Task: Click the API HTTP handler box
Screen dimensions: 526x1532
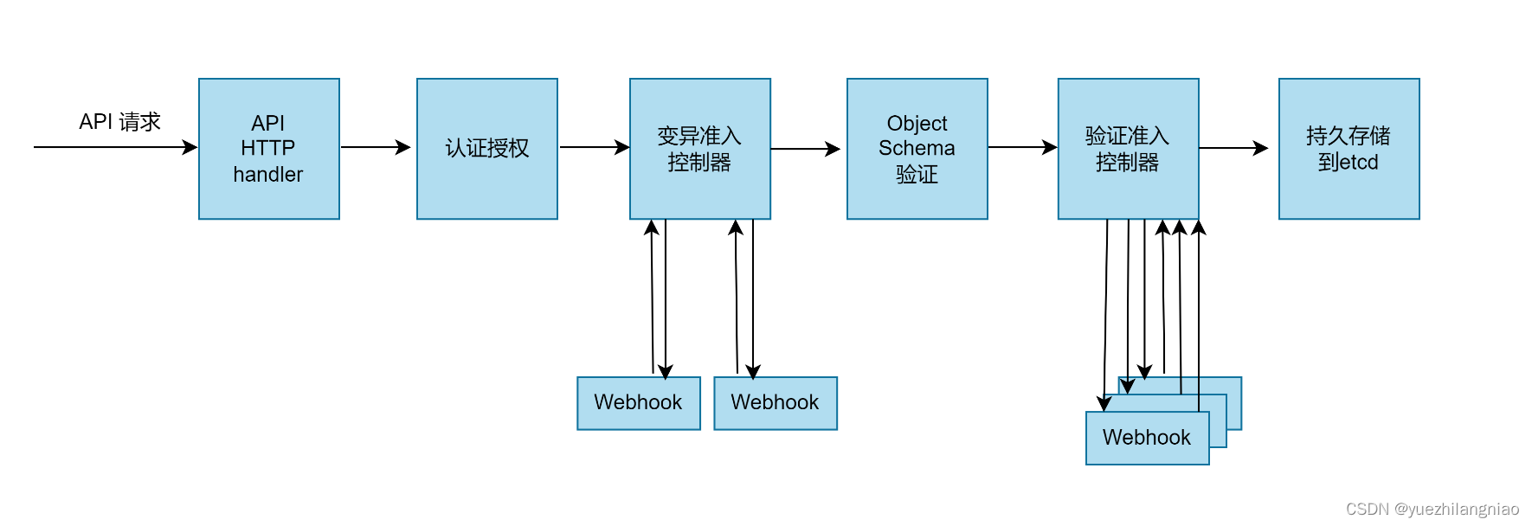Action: click(268, 149)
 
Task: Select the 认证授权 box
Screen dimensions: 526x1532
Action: click(486, 149)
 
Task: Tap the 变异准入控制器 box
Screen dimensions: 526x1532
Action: click(699, 149)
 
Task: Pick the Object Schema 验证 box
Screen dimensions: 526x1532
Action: click(917, 149)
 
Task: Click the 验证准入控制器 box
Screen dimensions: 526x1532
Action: click(1128, 149)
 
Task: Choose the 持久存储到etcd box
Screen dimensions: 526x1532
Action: click(1349, 149)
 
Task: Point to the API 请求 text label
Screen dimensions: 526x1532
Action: click(119, 122)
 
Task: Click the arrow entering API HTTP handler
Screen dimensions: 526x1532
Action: click(113, 147)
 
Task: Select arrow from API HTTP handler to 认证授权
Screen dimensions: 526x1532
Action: click(376, 147)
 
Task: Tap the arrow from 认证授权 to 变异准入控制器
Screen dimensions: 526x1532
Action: click(594, 147)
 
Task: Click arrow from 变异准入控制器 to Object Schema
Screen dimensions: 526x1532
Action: click(805, 149)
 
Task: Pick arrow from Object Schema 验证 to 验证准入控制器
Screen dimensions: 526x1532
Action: click(1021, 147)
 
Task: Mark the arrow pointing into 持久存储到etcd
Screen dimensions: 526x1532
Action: click(1233, 148)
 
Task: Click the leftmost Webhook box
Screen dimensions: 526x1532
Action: click(638, 403)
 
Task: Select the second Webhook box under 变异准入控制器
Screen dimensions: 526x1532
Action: click(775, 403)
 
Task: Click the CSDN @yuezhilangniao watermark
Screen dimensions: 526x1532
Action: click(1432, 510)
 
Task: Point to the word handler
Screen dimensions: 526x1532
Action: click(268, 175)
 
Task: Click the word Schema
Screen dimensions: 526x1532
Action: click(917, 149)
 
